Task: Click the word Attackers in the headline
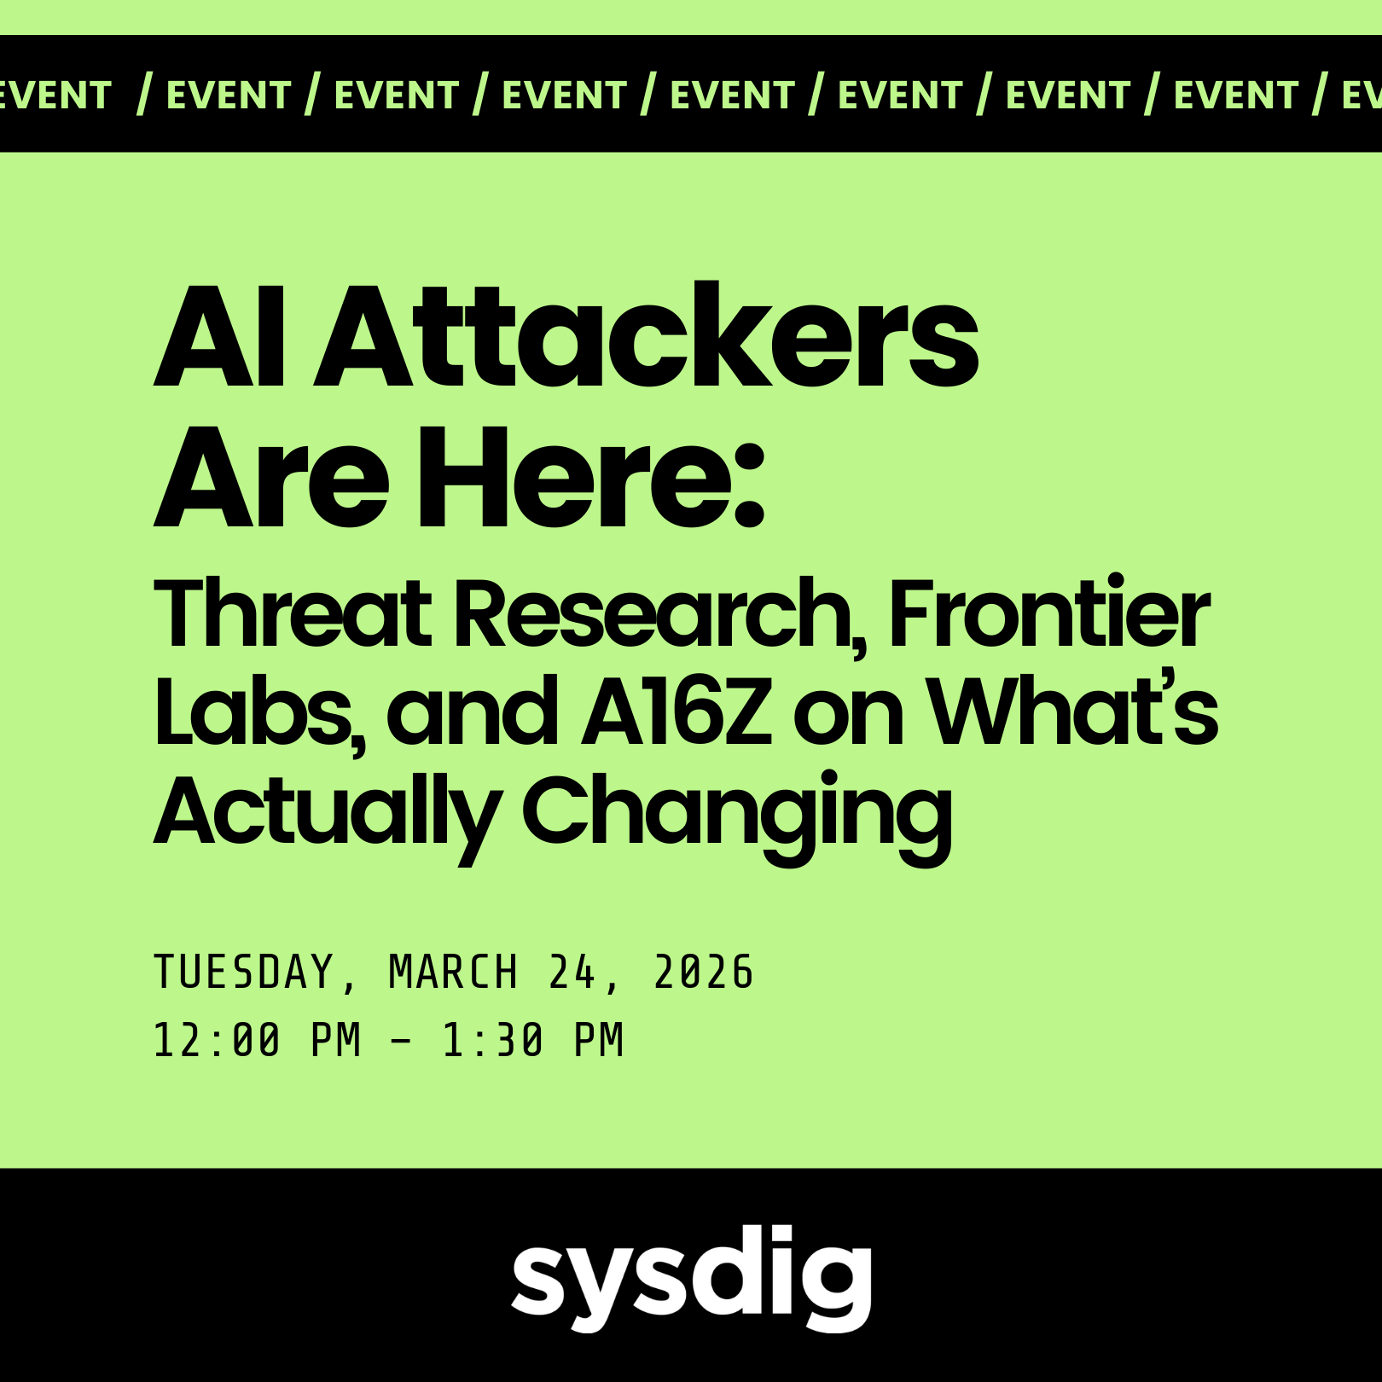[647, 335]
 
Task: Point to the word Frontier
[1050, 612]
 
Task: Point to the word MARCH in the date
[453, 972]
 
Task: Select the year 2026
[704, 972]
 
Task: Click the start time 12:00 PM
[258, 1040]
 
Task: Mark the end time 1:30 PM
[533, 1040]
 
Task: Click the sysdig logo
[692, 1277]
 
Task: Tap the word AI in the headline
[219, 338]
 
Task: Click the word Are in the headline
[271, 479]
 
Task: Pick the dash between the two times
[401, 1041]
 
